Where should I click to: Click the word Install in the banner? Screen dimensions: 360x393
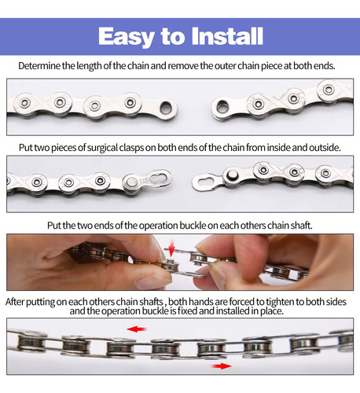(x=227, y=36)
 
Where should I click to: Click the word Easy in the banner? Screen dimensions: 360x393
(x=126, y=37)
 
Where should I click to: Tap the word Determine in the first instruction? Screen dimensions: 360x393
(x=39, y=66)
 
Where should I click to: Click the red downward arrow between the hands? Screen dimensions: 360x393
(x=171, y=248)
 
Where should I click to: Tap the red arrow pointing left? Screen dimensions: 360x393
(x=137, y=329)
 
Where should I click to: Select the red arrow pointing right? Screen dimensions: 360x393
(x=222, y=366)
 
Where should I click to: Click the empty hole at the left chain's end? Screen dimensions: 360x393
(x=166, y=108)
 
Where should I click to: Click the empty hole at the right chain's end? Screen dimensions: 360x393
(x=222, y=106)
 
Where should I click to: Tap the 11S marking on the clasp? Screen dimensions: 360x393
(x=144, y=181)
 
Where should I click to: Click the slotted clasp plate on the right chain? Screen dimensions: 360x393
(x=208, y=182)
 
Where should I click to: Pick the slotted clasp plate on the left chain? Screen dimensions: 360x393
(x=160, y=178)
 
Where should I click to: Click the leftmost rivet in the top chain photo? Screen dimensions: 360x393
(x=24, y=103)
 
